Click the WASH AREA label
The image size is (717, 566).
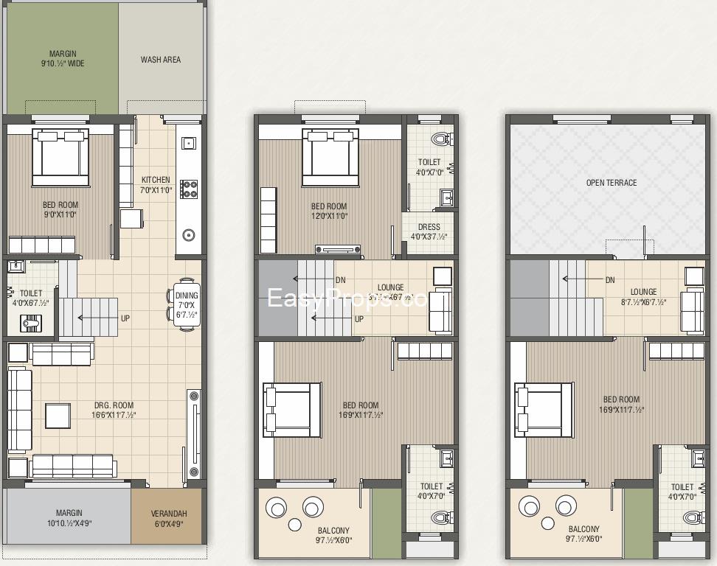point(161,60)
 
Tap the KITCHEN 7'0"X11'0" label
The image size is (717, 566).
point(156,184)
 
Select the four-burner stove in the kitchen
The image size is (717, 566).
point(188,189)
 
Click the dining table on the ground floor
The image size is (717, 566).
point(186,301)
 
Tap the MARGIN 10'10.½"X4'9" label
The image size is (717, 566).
point(69,518)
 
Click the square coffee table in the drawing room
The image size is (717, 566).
point(58,416)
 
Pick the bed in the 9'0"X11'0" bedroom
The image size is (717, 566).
point(60,158)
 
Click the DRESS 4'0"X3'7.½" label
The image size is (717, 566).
point(429,231)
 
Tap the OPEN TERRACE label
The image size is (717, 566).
point(612,183)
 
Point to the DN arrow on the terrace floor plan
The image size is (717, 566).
point(583,279)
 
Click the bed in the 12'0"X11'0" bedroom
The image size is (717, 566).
point(330,158)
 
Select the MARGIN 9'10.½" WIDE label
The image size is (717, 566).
point(63,59)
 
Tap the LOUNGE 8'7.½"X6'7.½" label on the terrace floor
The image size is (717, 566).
point(643,297)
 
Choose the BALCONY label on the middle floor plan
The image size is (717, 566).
point(333,535)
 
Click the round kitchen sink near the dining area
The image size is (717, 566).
point(188,236)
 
